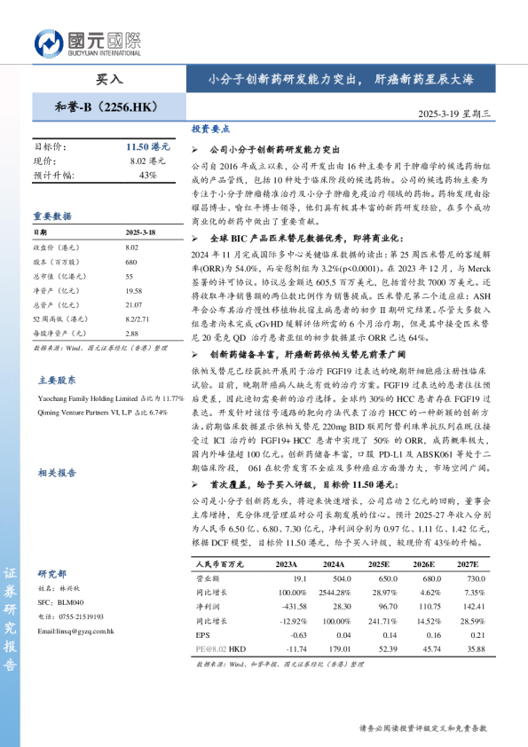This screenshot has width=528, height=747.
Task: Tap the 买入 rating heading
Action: pos(109,78)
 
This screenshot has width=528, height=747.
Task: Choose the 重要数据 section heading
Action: pos(52,216)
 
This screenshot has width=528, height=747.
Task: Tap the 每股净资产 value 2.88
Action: pos(132,333)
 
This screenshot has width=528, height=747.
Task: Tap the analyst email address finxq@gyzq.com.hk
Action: pos(76,631)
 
